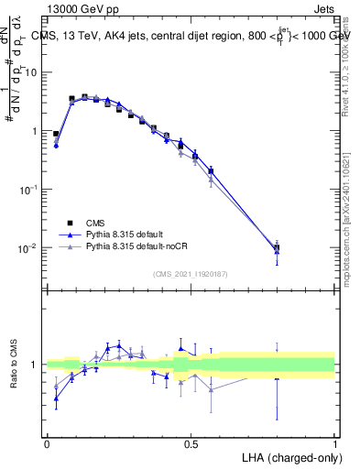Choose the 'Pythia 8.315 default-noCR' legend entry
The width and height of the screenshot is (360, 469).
coord(148,247)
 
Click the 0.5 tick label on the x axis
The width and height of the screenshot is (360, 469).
coord(191,442)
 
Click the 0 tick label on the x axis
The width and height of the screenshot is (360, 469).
coord(47,442)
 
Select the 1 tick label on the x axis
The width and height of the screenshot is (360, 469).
coord(334,442)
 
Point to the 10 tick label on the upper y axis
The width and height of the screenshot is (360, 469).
coord(31,72)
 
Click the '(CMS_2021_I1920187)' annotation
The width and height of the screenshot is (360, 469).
coord(191,272)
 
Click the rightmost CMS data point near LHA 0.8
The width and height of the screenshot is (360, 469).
coord(277,247)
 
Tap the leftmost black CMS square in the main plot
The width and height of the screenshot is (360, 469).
coord(56,134)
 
